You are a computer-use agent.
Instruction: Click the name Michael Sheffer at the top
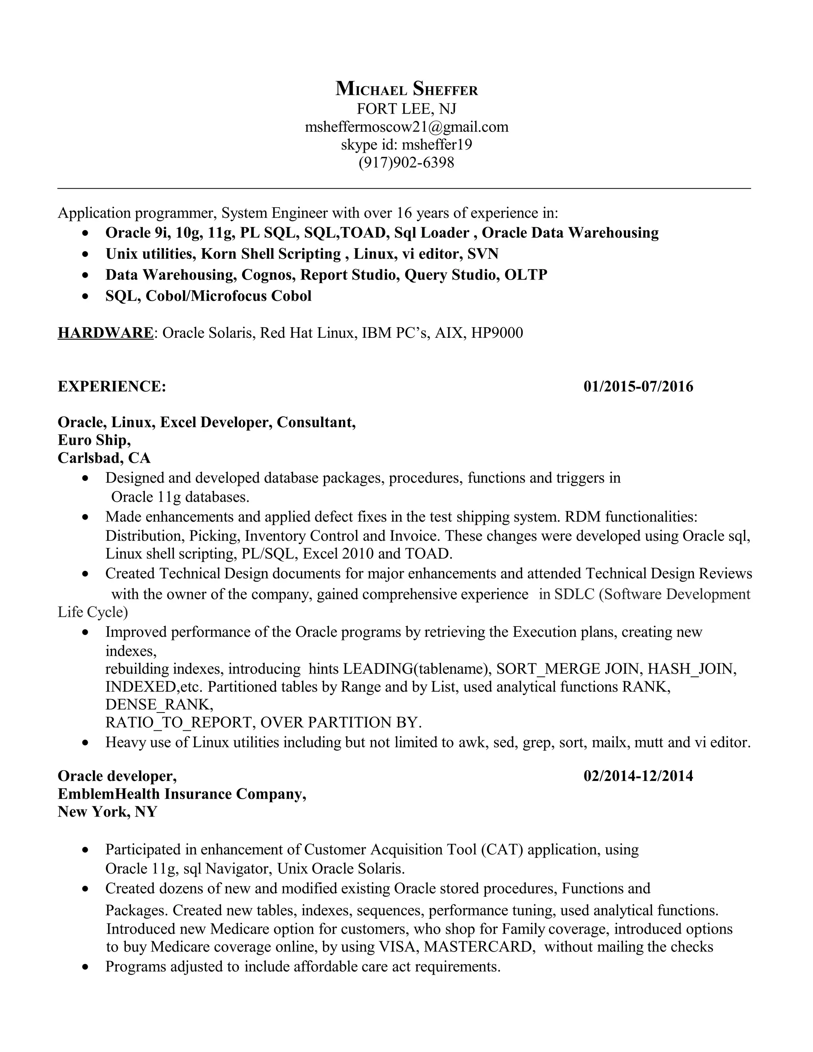[406, 89]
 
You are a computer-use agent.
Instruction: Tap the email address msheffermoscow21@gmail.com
[406, 127]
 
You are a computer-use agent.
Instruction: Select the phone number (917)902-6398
[406, 162]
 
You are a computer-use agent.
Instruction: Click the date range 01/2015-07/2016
[638, 386]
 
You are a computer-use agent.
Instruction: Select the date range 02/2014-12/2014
[638, 776]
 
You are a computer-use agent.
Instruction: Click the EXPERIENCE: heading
[112, 386]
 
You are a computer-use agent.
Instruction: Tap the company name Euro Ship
[93, 440]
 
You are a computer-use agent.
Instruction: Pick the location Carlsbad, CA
[104, 458]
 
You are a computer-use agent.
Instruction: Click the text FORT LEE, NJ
[406, 109]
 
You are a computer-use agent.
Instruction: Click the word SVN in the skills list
[483, 253]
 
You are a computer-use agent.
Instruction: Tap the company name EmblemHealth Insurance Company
[181, 794]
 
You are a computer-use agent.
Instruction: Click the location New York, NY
[108, 812]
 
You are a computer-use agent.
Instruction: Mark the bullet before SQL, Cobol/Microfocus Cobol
[86, 297]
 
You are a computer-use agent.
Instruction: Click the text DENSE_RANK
[159, 705]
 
